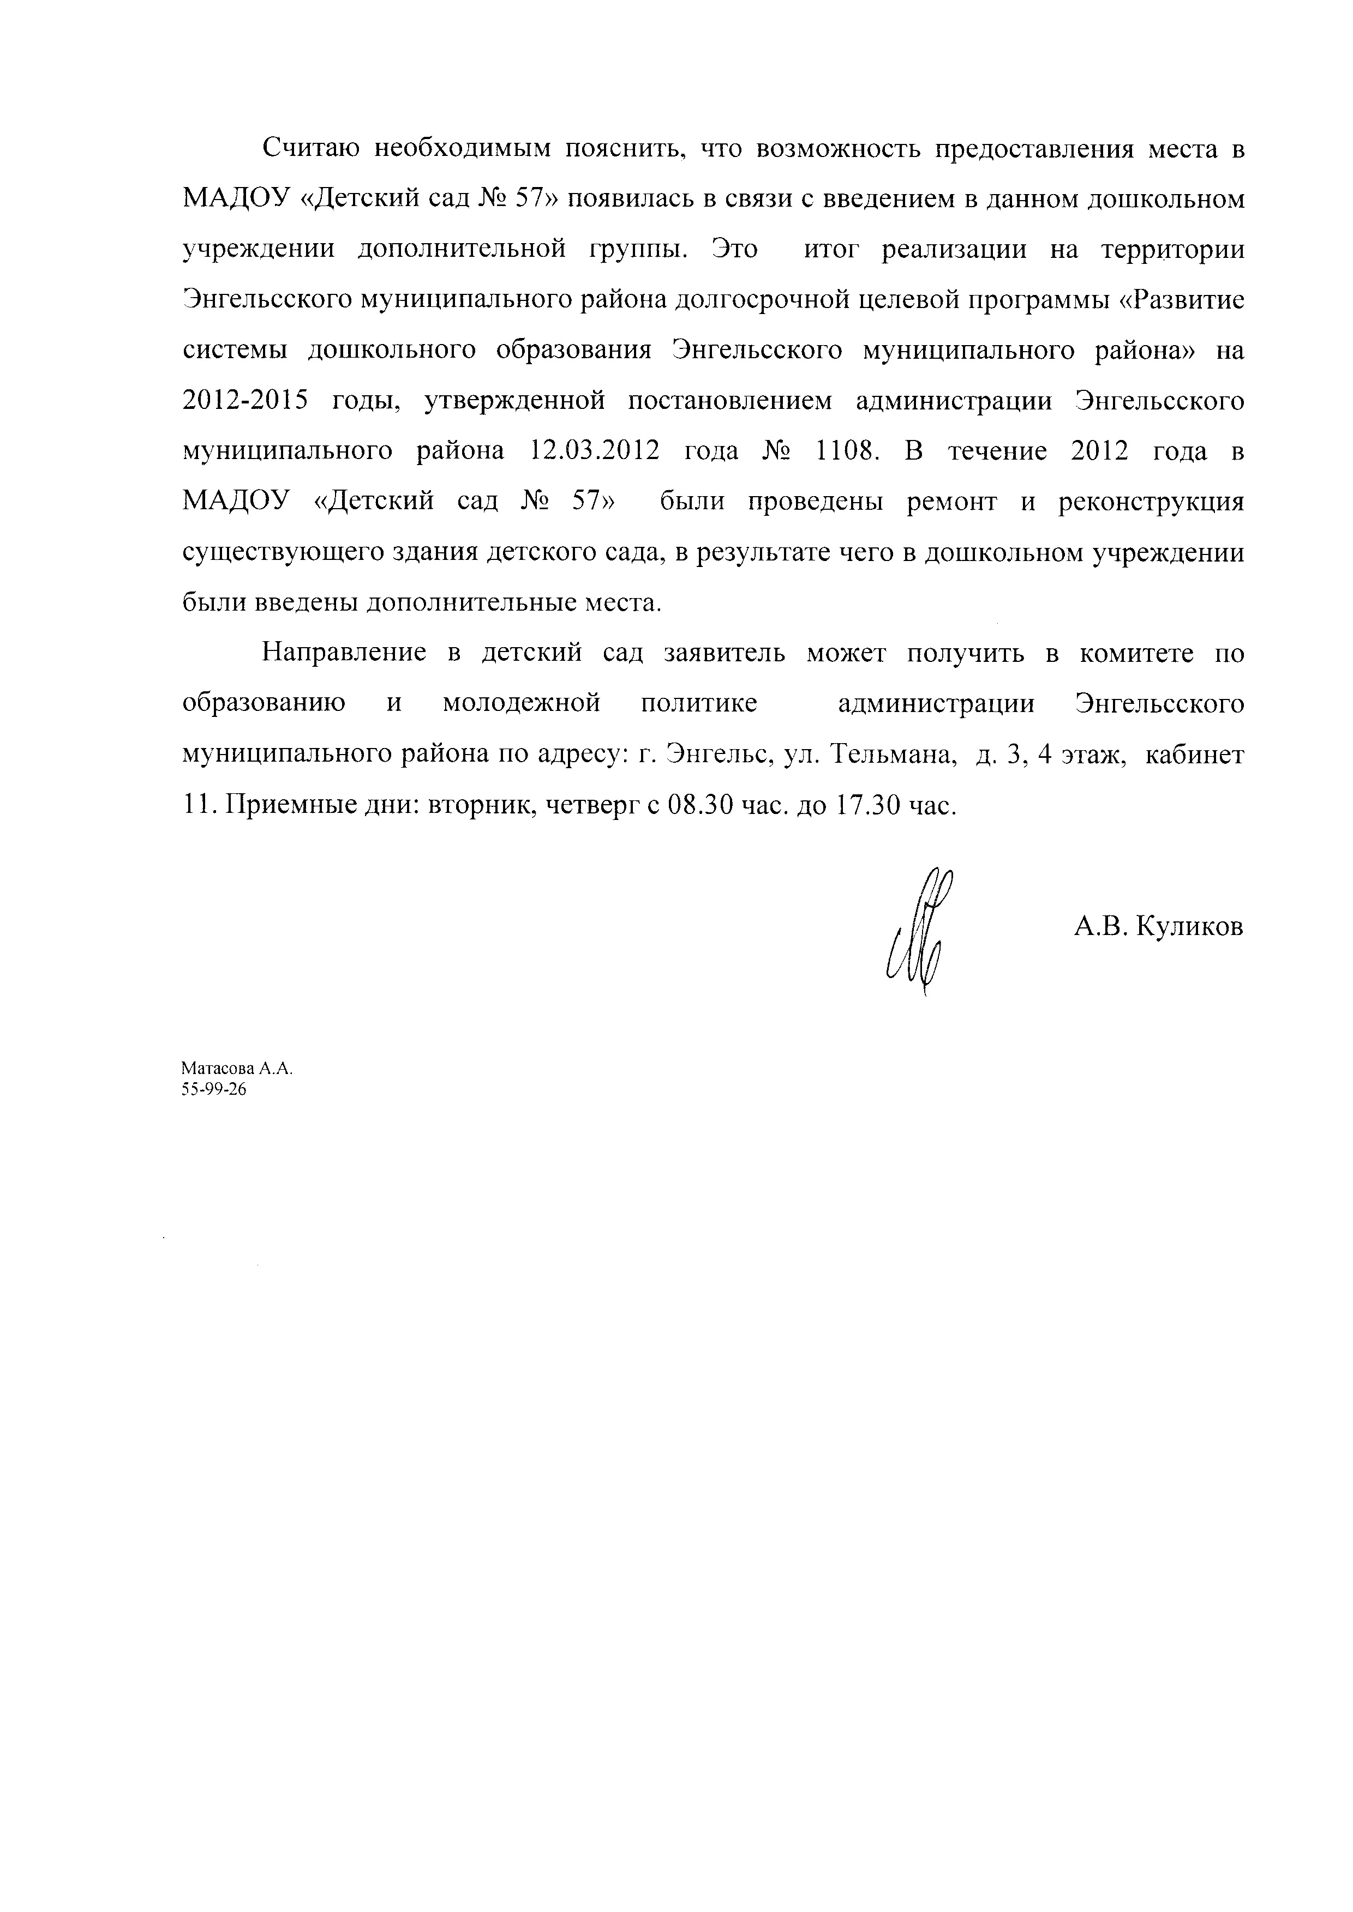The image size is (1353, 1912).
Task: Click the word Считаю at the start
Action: click(x=310, y=150)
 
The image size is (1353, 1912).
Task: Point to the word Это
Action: click(x=735, y=250)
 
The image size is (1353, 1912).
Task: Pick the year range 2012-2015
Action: click(x=244, y=401)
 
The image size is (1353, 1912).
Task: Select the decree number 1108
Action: click(x=847, y=451)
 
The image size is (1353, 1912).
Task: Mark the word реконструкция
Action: click(x=1151, y=502)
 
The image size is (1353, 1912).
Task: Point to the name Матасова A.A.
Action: click(x=237, y=1069)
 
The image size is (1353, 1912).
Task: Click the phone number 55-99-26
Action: click(x=214, y=1090)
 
